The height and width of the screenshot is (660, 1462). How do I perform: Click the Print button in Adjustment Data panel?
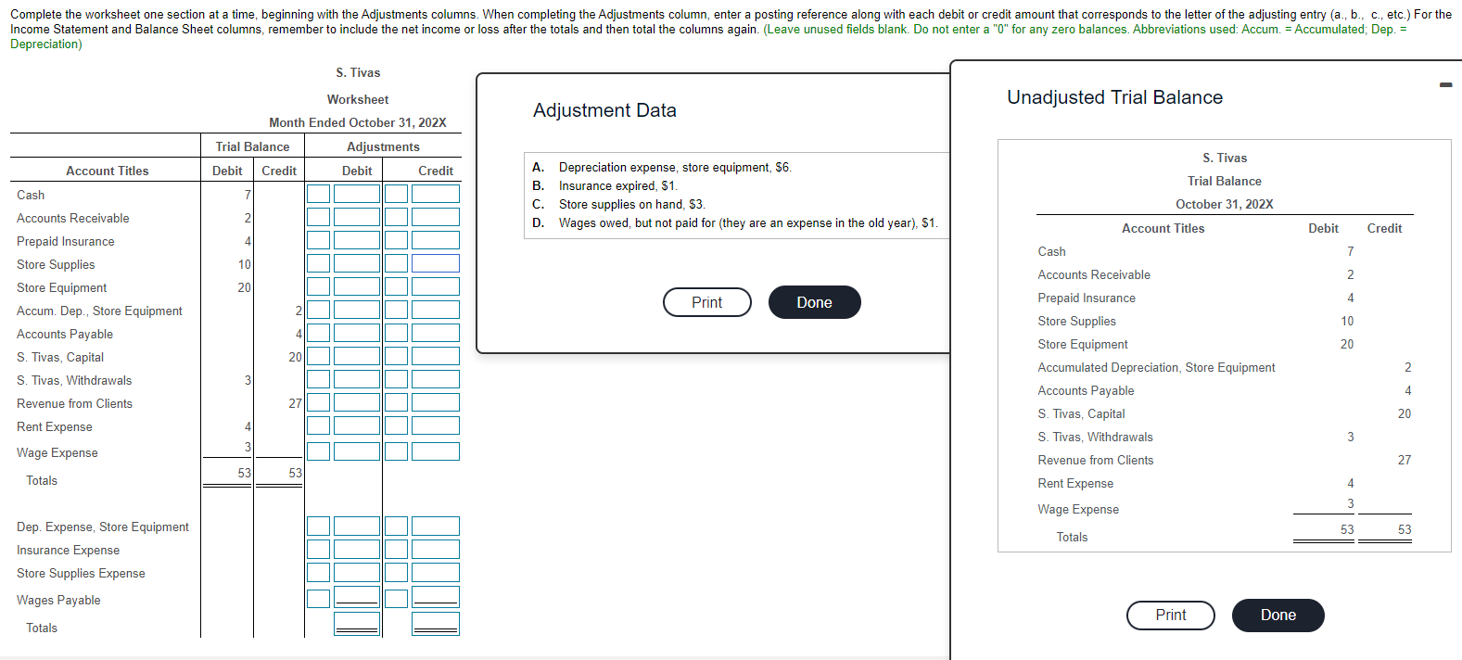click(706, 302)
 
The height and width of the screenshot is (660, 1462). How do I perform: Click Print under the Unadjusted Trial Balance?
click(1170, 615)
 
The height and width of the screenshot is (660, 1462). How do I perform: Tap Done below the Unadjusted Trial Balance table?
click(1278, 615)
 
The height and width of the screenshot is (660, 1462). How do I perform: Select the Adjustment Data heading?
click(604, 110)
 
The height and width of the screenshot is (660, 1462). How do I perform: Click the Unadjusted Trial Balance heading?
click(1114, 97)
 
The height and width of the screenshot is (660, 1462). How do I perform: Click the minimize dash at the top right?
click(1445, 85)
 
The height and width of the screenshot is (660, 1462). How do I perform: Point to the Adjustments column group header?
click(383, 146)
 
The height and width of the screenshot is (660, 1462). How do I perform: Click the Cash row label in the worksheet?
click(31, 195)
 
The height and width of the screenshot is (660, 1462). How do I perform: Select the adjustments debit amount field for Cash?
click(357, 194)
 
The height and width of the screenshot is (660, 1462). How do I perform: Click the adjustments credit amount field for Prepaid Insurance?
click(436, 240)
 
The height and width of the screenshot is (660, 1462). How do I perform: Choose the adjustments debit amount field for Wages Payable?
click(357, 597)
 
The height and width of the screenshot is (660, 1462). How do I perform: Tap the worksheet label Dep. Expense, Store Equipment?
click(103, 527)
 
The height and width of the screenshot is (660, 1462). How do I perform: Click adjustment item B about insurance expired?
click(617, 185)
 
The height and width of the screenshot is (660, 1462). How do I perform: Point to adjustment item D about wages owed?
click(747, 222)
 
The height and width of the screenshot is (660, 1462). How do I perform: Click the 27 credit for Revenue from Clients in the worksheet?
click(295, 403)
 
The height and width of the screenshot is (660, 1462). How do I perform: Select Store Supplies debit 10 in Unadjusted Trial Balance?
click(1346, 321)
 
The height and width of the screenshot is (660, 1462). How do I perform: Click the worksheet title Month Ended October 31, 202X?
click(357, 122)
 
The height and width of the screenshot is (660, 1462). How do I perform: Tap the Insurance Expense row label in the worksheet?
click(69, 550)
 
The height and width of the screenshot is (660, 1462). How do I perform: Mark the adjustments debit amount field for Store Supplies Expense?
click(357, 573)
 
